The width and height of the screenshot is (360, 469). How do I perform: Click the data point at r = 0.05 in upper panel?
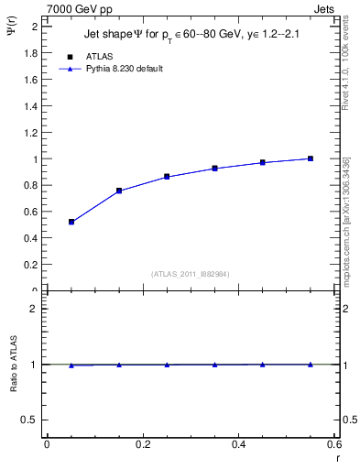(x=71, y=222)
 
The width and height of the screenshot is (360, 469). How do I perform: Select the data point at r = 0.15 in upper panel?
(x=119, y=191)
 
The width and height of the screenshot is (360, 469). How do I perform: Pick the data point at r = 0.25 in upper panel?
(x=167, y=176)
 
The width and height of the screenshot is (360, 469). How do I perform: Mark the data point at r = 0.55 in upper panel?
(x=311, y=158)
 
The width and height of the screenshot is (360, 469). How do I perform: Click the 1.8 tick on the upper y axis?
(x=31, y=52)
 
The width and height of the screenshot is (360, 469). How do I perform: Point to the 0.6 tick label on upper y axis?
(x=31, y=212)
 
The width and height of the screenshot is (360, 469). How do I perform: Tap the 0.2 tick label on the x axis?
(x=142, y=444)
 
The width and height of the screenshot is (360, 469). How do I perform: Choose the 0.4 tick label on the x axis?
(x=238, y=444)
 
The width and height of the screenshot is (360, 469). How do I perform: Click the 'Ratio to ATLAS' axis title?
(x=14, y=365)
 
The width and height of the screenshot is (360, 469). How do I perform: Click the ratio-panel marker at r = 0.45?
(x=263, y=365)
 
